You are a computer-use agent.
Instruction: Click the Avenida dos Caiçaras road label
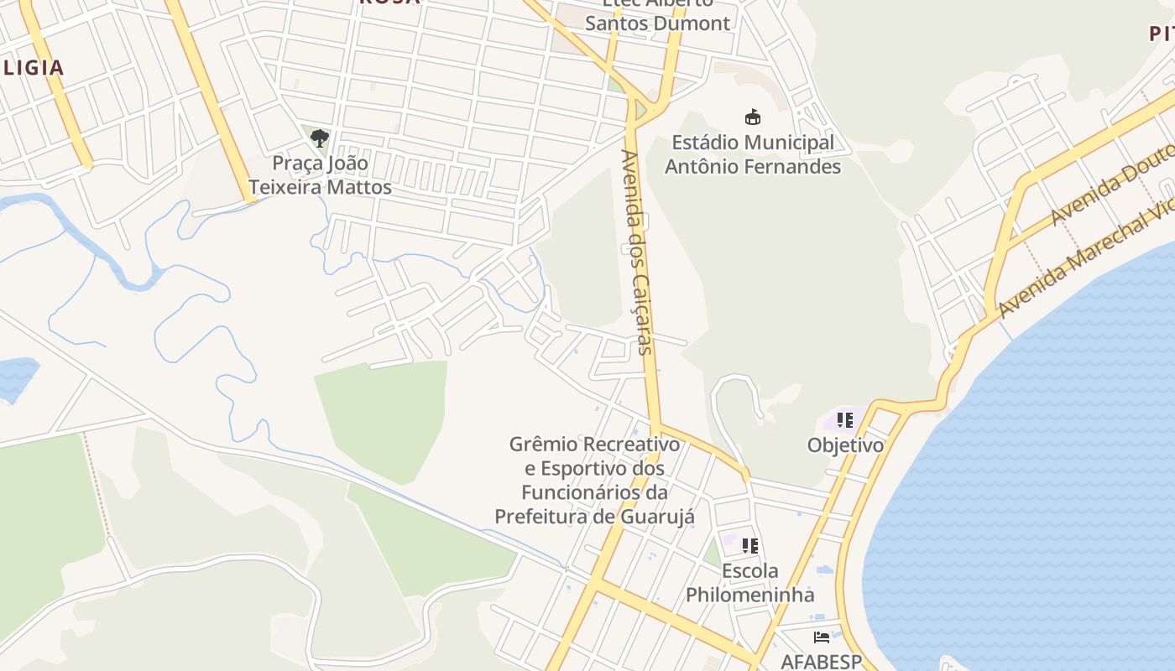(x=637, y=252)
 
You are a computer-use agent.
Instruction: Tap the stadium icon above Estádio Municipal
(x=752, y=117)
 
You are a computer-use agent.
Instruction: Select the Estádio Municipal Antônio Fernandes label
(x=752, y=154)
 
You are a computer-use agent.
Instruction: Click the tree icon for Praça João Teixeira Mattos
(x=319, y=138)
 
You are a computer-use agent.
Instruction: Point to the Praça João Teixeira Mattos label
(x=320, y=174)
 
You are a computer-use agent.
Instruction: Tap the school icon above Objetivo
(x=844, y=419)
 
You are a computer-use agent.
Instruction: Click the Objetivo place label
(x=845, y=445)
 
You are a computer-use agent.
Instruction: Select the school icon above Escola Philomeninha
(x=749, y=545)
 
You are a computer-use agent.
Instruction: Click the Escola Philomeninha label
(x=749, y=583)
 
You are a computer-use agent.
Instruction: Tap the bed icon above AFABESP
(x=821, y=638)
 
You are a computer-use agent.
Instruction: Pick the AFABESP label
(x=821, y=661)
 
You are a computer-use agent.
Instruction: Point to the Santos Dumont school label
(x=657, y=23)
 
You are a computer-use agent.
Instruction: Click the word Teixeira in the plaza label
(x=285, y=186)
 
